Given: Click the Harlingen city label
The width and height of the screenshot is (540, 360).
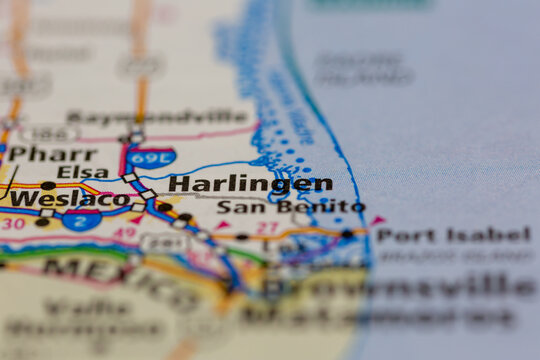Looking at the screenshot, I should (250, 184).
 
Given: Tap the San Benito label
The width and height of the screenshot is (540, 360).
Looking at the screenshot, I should (291, 207).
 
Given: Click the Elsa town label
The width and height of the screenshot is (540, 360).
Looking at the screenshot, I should (83, 172).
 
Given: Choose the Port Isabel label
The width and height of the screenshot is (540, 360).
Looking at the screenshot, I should (453, 236).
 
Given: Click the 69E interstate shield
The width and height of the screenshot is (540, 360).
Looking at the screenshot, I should (151, 157).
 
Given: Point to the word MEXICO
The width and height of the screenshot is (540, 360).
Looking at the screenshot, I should (120, 280).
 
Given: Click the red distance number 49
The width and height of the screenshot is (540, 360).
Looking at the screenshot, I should (124, 234).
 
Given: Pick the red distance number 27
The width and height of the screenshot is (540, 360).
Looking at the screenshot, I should (266, 228).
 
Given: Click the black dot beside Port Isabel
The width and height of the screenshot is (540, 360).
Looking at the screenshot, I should (346, 234).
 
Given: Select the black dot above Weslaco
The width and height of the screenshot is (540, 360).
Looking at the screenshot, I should (47, 186).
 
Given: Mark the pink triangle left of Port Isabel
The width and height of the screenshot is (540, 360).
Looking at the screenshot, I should (377, 220).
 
